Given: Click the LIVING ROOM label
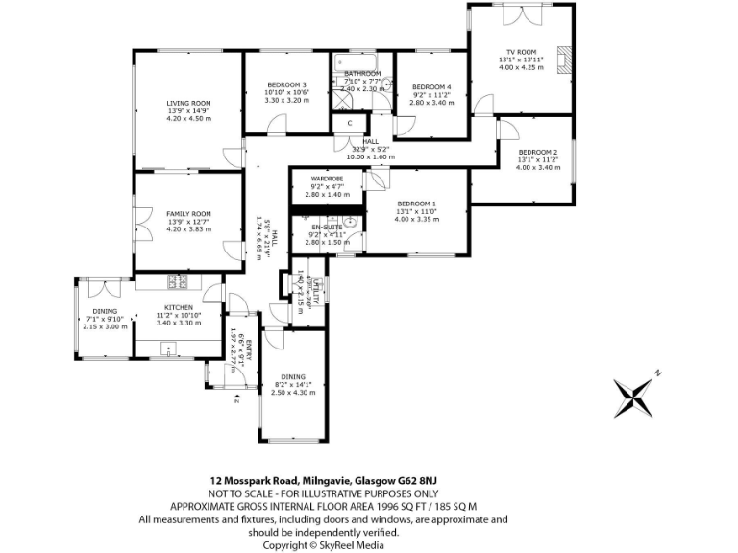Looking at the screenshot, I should tap(187, 103).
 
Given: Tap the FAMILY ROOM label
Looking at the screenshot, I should tap(187, 214).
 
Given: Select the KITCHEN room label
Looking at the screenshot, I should tap(178, 307).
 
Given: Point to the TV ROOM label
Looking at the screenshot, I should tap(521, 52).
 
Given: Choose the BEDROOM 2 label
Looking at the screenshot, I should tap(537, 153).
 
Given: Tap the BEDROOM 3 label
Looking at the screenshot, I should tap(286, 84).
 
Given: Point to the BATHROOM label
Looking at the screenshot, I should tap(362, 74).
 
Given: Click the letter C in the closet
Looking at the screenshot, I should tap(350, 123).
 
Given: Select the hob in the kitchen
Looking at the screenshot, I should tap(178, 281).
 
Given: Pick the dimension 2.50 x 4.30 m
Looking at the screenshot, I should tap(293, 392).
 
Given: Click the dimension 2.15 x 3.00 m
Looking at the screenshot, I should tap(105, 326).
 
